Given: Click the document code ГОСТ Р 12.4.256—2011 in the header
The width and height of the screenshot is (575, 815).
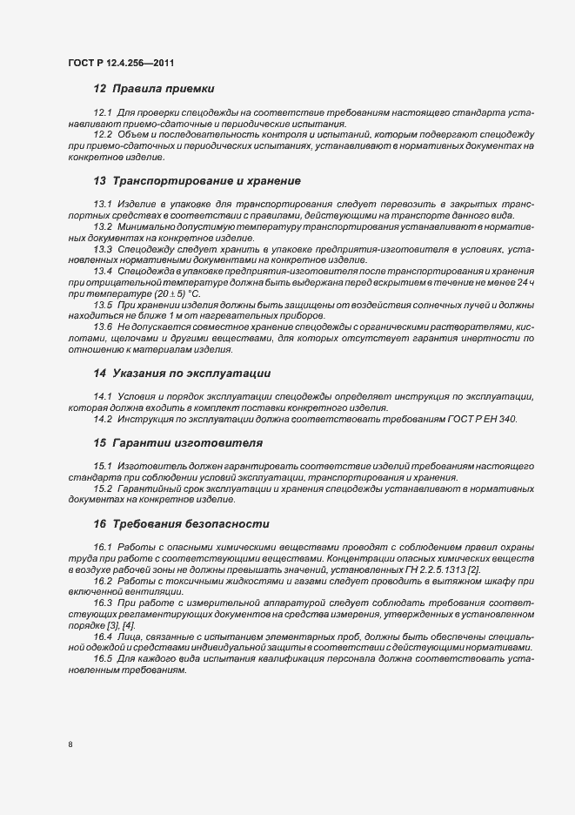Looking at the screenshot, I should pos(126,63).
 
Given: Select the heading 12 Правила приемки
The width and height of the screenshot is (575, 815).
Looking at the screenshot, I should pos(153,89).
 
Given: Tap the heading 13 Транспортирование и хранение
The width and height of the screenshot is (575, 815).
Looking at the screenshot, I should pos(197,181).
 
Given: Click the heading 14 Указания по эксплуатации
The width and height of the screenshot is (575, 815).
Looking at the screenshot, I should pos(183,373).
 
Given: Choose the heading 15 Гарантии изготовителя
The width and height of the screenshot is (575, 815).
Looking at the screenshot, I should pos(177,442).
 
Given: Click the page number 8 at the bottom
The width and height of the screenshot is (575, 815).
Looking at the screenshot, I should pos(70,744).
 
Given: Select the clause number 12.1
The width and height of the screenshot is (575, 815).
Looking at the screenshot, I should pos(104,114).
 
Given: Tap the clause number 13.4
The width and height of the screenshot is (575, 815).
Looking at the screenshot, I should pos(104,271).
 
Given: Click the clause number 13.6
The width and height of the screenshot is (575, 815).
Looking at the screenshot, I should pos(104,327).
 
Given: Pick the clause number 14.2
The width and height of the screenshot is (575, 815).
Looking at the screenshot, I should pos(104,419).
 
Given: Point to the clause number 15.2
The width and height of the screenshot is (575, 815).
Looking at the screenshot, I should pos(104,488).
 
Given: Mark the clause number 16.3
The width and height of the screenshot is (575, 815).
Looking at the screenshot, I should pos(104,603).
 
